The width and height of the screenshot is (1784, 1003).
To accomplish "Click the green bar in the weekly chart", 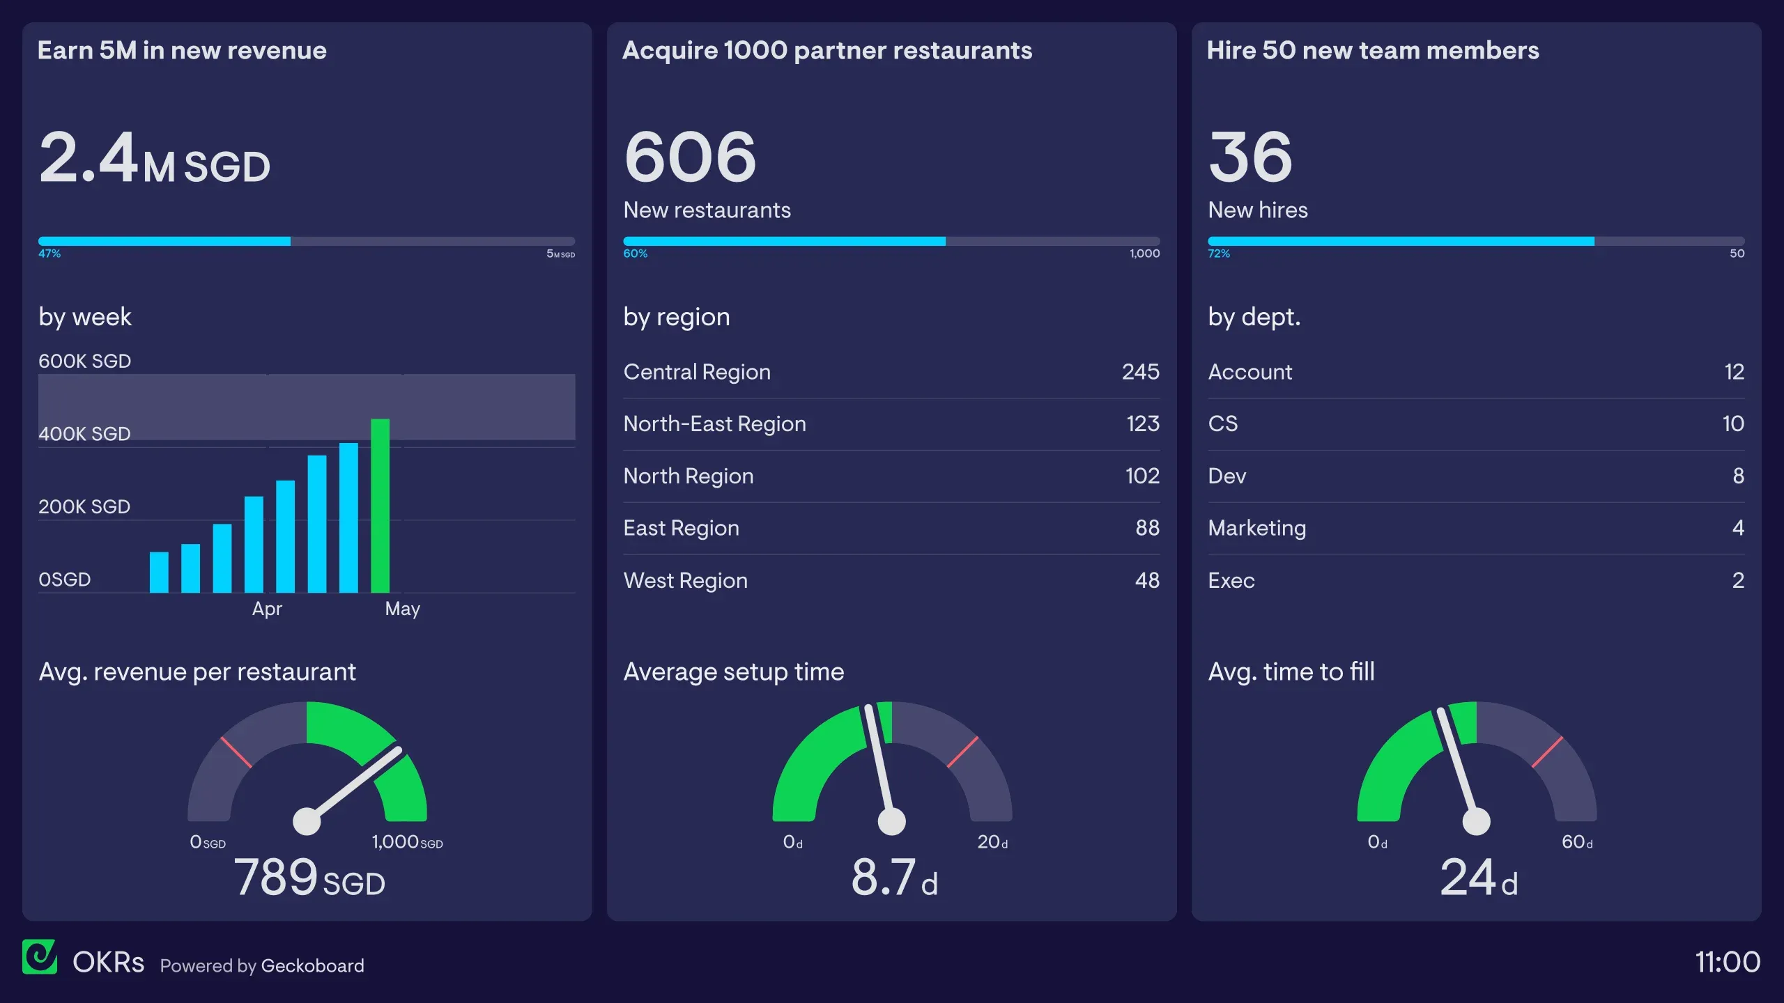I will point(380,506).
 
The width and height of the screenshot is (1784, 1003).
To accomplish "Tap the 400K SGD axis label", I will point(84,434).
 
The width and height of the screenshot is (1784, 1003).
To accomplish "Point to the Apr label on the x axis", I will point(267,609).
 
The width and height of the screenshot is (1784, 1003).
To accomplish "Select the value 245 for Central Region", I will point(1140,372).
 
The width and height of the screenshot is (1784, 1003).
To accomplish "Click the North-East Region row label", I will point(714,424).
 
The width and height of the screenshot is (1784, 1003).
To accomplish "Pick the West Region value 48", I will point(1146,580).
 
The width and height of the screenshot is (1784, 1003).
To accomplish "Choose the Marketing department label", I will point(1256,528).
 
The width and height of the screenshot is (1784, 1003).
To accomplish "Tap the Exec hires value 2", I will point(1737,580).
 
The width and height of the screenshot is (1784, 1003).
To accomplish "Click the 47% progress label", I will point(49,254).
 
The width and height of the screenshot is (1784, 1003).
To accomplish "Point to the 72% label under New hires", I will point(1218,254).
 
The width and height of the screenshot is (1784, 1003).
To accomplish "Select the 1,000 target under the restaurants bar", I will point(1144,254).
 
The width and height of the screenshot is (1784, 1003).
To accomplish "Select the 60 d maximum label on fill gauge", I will point(1576,842).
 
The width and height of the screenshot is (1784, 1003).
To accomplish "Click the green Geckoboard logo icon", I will point(40,957).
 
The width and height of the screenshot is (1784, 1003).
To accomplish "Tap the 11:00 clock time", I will point(1727,962).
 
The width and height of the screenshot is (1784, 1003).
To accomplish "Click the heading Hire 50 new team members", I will point(1372,50).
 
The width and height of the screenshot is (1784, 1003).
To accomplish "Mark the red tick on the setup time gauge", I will point(962,752).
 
